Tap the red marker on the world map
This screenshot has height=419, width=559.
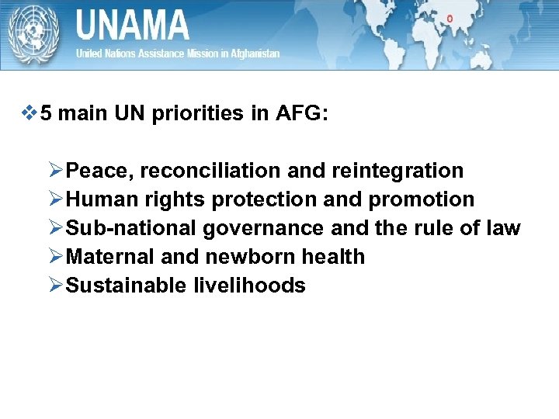(x=450, y=17)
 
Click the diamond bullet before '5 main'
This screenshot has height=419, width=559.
(x=31, y=114)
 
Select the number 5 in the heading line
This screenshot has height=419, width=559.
(x=47, y=114)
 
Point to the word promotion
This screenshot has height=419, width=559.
(x=421, y=199)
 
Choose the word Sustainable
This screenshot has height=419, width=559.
(x=124, y=286)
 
